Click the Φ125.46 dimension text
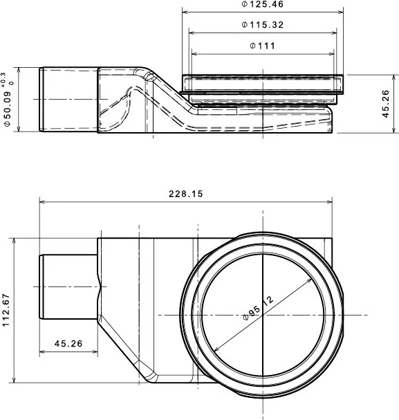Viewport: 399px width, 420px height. [262, 4]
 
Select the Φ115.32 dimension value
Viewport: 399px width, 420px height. [262, 25]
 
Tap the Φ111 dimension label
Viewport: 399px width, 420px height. [262, 46]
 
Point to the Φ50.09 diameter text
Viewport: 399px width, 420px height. [8, 109]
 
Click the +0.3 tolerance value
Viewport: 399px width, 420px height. [3, 80]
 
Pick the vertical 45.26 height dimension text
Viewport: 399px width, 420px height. [385, 104]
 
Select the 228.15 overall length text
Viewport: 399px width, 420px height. [186, 194]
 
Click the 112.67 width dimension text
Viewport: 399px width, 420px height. [6, 310]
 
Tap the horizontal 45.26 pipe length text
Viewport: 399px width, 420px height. [68, 343]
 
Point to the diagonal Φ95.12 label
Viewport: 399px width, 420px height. [258, 308]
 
